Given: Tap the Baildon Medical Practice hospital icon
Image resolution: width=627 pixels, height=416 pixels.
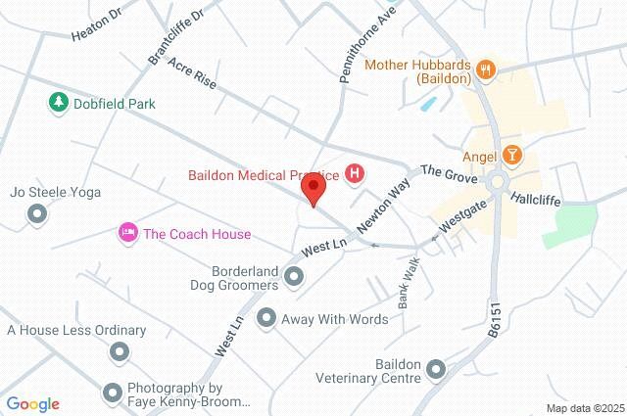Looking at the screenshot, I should tap(356, 175).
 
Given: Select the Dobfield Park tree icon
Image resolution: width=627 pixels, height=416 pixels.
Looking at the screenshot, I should tap(58, 103).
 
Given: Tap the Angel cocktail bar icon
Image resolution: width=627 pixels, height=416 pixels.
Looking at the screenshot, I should tap(512, 156).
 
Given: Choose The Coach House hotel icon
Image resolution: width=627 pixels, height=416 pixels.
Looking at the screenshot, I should tap(126, 233).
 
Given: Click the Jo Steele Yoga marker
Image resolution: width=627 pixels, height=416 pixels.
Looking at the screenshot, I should tap(38, 212).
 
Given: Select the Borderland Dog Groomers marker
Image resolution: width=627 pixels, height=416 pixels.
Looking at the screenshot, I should tap(294, 281).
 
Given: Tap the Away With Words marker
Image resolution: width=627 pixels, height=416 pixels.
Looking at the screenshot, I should tap(265, 318).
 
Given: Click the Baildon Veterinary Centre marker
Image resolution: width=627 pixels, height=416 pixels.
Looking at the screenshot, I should tap(434, 369).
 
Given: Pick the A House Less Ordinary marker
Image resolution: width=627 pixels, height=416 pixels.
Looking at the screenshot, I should tap(120, 350).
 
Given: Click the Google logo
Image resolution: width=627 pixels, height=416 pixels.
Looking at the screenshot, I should tap(32, 403).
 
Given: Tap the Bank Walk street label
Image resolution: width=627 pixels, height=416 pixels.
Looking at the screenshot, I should tap(408, 284).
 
